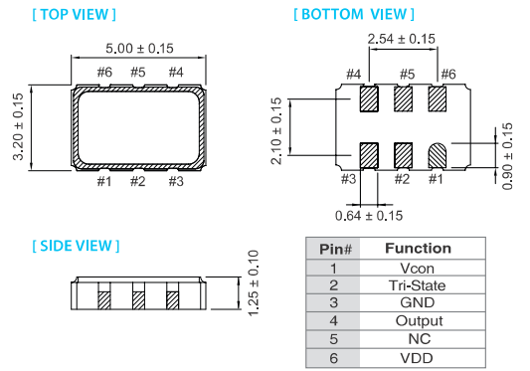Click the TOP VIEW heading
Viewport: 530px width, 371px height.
coord(75,15)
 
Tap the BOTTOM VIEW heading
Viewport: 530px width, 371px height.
coord(354,14)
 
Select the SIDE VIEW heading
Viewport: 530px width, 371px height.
coord(76,246)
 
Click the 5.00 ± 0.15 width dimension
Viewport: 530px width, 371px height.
coord(139,49)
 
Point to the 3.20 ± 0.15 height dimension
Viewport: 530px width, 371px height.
coord(18,127)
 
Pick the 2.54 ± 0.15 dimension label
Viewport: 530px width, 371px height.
coord(401,39)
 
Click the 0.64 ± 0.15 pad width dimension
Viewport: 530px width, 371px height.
coord(369,216)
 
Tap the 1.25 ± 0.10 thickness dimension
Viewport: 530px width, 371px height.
coord(254,283)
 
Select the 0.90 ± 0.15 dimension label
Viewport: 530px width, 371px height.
coord(507,156)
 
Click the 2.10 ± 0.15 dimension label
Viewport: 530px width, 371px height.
coord(276,131)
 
